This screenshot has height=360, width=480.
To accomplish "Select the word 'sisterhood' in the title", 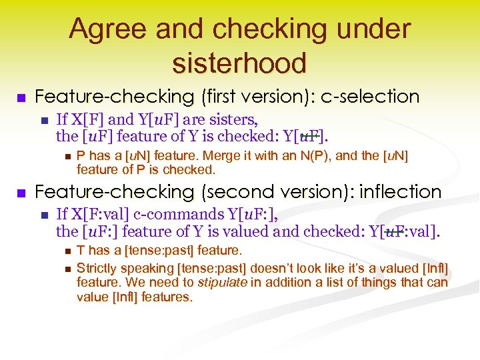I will [239, 63].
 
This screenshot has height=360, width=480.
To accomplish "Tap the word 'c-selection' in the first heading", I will [370, 97].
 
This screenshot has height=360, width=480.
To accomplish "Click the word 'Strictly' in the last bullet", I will [97, 268].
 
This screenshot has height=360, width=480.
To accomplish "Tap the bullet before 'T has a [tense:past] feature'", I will [64, 251].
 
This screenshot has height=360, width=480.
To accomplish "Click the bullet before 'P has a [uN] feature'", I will [64, 157].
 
